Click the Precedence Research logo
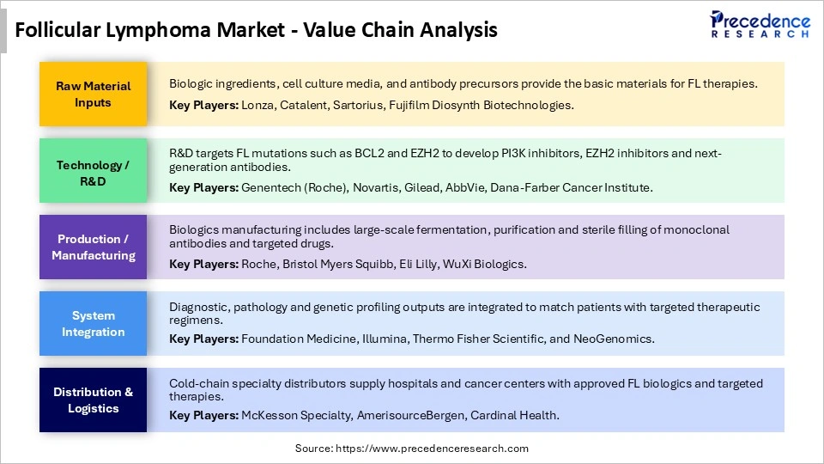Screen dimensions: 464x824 [760, 25]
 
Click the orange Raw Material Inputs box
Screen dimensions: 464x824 [93, 94]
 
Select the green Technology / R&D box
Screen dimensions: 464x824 [93, 173]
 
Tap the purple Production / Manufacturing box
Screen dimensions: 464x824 [93, 247]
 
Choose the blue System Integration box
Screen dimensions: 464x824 [93, 323]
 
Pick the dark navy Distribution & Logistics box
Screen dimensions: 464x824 [93, 400]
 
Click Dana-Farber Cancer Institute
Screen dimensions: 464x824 [571, 187]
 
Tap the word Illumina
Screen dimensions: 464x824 [383, 339]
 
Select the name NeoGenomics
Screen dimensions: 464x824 [612, 339]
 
